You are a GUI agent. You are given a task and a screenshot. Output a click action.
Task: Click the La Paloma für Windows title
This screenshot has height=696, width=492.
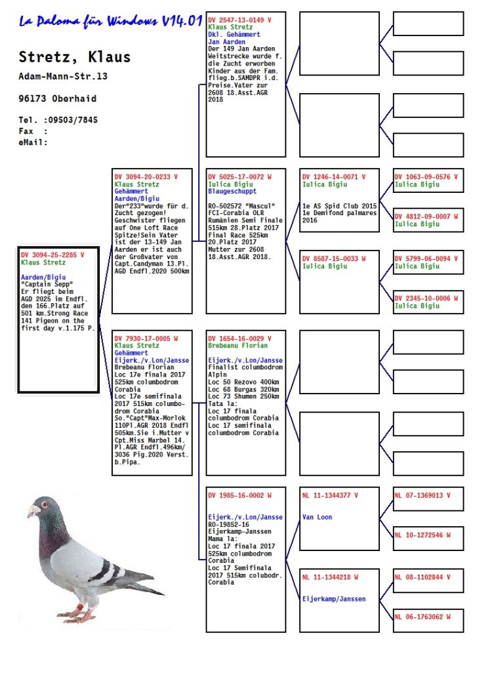click(x=110, y=22)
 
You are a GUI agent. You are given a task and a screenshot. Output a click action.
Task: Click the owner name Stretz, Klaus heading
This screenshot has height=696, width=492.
click(x=74, y=57)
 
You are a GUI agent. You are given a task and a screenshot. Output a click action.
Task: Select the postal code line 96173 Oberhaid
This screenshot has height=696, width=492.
click(x=57, y=98)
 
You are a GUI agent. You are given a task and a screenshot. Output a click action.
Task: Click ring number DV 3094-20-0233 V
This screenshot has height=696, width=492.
click(x=146, y=177)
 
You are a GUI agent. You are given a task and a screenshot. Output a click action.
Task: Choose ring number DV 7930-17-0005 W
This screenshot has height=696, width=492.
click(x=146, y=338)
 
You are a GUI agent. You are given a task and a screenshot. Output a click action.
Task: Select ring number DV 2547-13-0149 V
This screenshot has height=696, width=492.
click(x=239, y=20)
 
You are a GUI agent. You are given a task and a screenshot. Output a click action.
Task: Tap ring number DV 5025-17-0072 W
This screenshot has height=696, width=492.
click(x=239, y=177)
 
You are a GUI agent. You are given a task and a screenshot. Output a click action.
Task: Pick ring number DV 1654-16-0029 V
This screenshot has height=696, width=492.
click(x=239, y=338)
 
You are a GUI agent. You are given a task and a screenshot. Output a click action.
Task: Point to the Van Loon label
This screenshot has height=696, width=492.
click(x=317, y=517)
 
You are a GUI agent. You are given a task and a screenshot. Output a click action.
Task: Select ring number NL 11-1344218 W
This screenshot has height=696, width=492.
click(x=331, y=577)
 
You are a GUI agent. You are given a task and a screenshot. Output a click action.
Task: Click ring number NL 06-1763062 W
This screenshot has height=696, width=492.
click(x=422, y=617)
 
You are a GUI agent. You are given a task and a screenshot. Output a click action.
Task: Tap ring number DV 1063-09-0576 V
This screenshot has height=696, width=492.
click(x=426, y=177)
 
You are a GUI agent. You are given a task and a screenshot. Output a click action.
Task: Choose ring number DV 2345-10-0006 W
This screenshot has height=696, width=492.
click(x=426, y=298)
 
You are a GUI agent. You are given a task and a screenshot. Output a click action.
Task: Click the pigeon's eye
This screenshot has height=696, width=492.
click(x=47, y=505)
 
